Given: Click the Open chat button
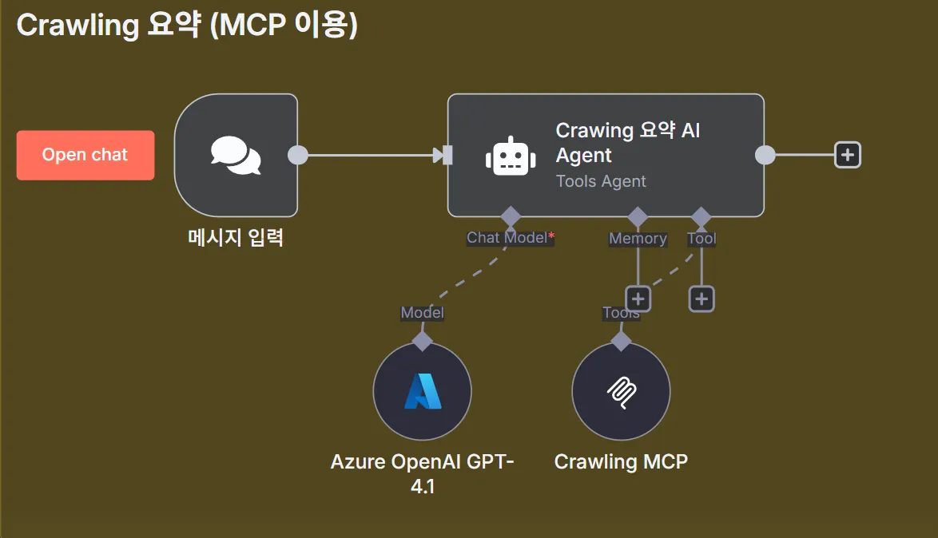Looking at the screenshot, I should [x=85, y=155].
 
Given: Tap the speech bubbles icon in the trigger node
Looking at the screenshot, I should [x=236, y=155].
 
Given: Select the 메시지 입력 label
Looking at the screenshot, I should [x=236, y=237].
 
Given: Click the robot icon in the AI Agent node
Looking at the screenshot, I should [x=511, y=156].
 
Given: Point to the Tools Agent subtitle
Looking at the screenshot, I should [x=601, y=181].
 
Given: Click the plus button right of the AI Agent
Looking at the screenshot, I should [x=847, y=155].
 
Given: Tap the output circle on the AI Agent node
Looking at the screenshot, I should [x=765, y=155].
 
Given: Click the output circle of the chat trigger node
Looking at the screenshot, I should [x=297, y=155].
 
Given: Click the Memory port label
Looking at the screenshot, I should [x=638, y=239].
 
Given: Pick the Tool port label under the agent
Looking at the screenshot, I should [x=702, y=239].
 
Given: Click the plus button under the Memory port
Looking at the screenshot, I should [x=638, y=299].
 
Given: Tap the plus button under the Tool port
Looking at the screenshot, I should [x=702, y=299].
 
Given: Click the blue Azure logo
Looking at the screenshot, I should [x=422, y=391].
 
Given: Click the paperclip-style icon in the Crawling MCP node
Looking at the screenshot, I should [x=621, y=391].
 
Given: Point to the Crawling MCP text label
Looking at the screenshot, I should [x=621, y=461].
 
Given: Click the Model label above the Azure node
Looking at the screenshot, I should [x=422, y=313].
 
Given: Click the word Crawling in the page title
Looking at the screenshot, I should [x=78, y=26].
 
